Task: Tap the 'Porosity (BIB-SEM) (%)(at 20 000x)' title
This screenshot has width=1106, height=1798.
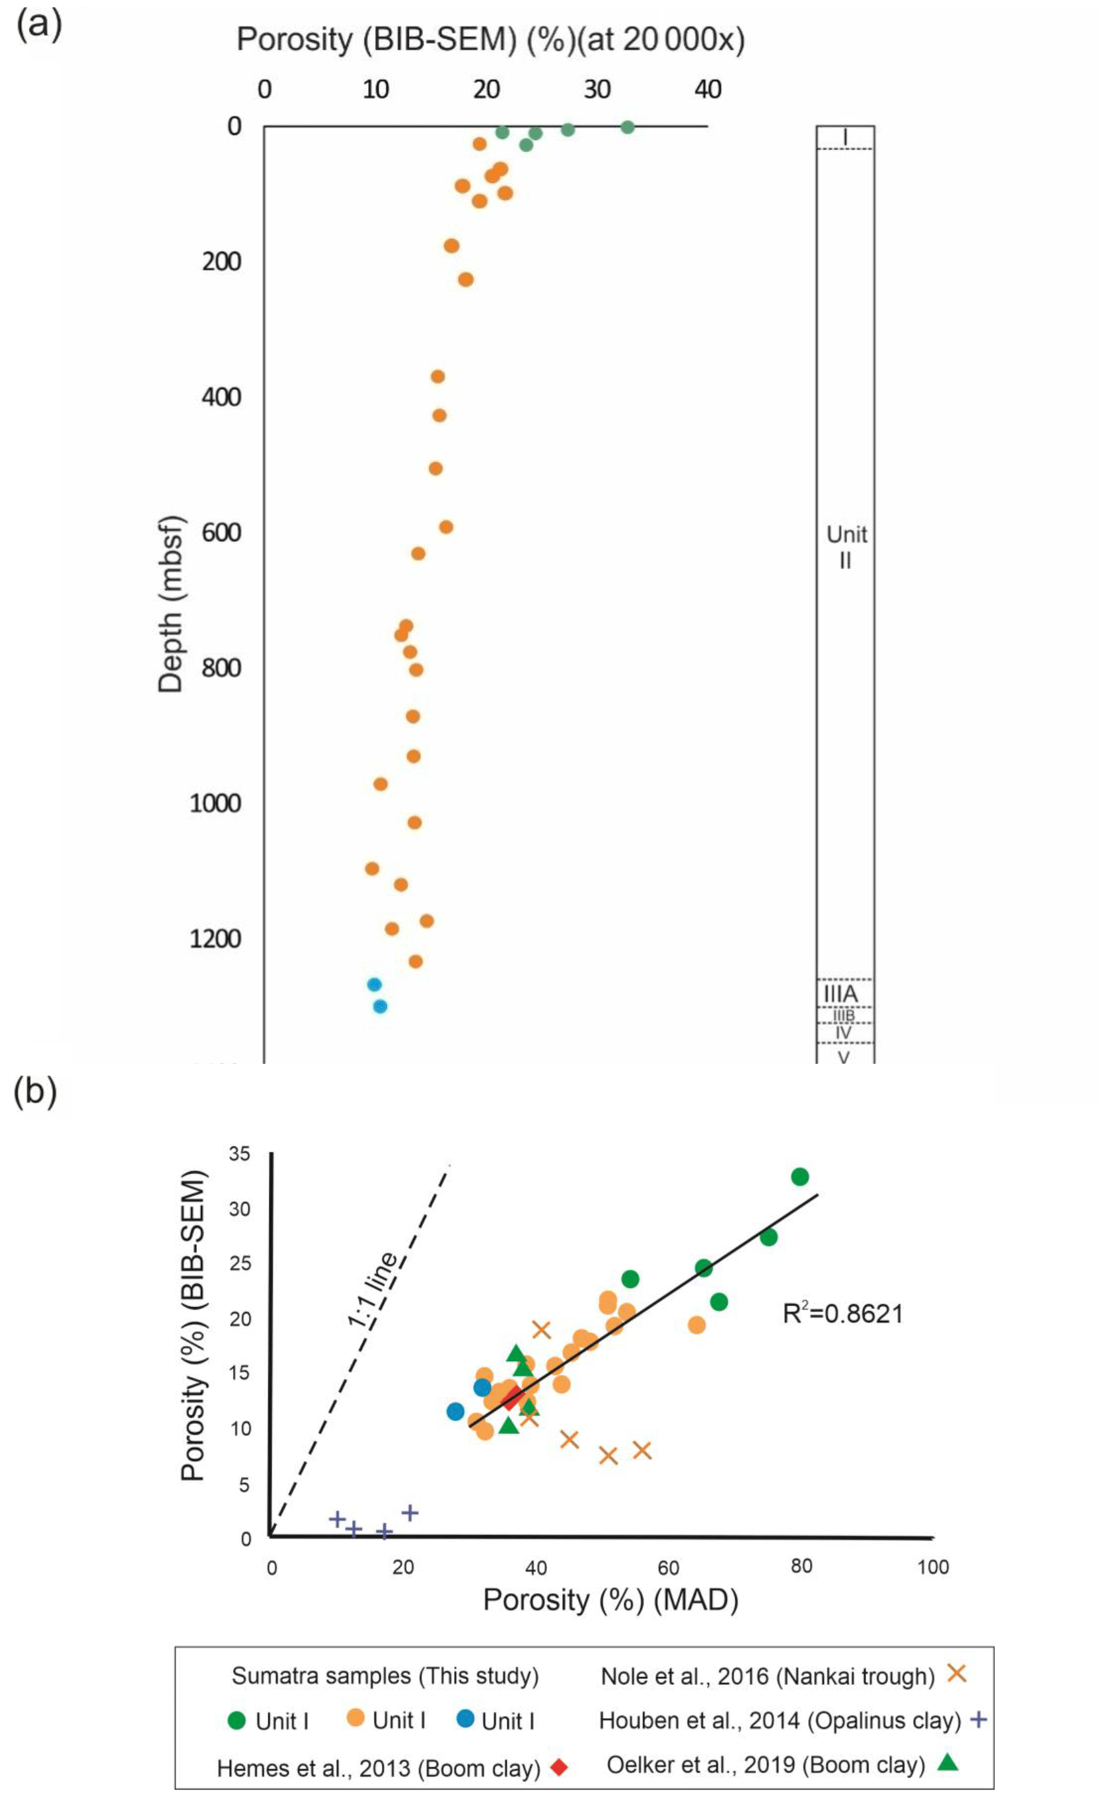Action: [x=490, y=40]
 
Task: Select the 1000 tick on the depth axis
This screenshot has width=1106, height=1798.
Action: [x=215, y=803]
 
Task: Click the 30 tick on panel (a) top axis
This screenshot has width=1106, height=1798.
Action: [x=597, y=90]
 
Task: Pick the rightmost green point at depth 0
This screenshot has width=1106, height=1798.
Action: [x=627, y=128]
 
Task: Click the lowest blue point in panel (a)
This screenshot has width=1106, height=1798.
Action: [x=380, y=1006]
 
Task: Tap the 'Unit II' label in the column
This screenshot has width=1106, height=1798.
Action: [x=846, y=547]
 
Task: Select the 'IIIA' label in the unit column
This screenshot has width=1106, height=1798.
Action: [x=840, y=993]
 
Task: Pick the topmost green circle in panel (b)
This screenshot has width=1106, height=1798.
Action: [x=799, y=1177]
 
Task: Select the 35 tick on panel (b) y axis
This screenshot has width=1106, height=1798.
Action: [x=239, y=1154]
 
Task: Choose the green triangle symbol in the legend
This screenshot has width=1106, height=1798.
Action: [x=948, y=1762]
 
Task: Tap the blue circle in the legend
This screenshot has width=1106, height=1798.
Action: [x=465, y=1718]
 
